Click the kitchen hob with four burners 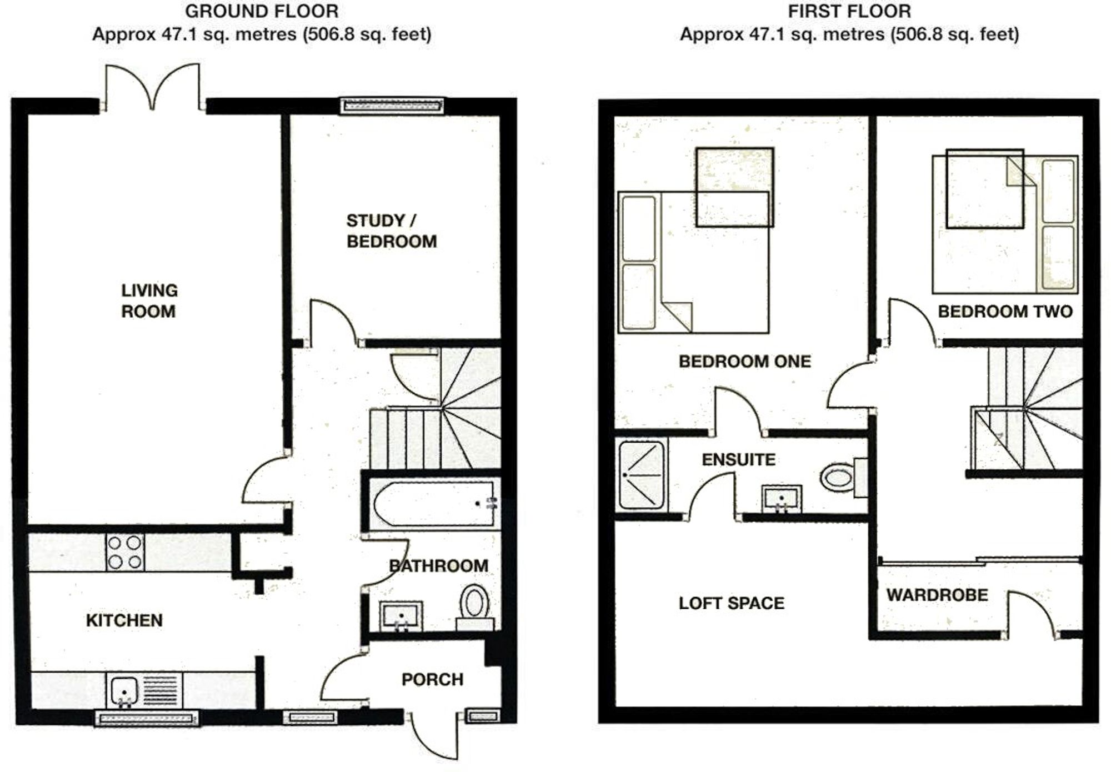(124, 552)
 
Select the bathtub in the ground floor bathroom (433, 504)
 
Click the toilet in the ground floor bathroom (474, 604)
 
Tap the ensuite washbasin (782, 498)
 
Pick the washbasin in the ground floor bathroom (401, 615)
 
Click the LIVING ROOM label (149, 300)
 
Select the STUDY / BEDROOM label (391, 231)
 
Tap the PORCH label (432, 679)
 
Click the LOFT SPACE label (731, 603)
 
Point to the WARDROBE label (937, 595)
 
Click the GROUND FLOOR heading (262, 11)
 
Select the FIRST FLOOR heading (849, 11)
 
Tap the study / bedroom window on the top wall (392, 106)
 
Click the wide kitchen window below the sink (147, 719)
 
